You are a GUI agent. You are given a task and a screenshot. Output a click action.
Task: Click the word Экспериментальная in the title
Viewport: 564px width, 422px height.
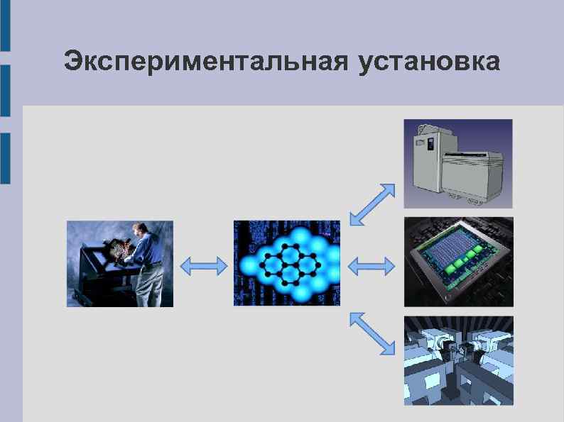(x=205, y=62)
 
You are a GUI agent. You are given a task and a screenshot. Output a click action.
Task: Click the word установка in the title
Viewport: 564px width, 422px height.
(x=429, y=62)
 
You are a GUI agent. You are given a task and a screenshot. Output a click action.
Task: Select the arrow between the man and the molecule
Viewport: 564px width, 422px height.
(x=203, y=265)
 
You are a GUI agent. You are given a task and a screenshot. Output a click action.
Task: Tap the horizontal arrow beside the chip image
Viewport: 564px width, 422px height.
(x=372, y=267)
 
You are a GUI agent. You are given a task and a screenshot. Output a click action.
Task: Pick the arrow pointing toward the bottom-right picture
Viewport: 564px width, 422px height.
(x=372, y=332)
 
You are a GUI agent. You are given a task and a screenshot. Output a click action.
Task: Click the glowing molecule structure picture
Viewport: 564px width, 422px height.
(x=286, y=263)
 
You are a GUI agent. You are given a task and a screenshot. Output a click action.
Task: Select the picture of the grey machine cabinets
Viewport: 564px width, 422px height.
(x=458, y=163)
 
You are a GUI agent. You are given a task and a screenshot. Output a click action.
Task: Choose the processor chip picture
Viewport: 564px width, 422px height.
(x=458, y=262)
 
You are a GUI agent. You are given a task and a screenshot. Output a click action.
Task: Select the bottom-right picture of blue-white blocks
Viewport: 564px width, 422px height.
(x=458, y=360)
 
